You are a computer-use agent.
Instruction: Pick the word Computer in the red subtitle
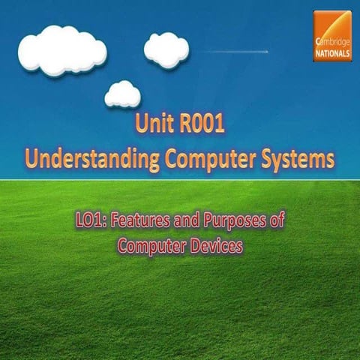[x=149, y=245]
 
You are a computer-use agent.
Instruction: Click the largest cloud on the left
[x=61, y=49]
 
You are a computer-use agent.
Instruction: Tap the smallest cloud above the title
[x=122, y=94]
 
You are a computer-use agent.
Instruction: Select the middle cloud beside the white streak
[x=166, y=49]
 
